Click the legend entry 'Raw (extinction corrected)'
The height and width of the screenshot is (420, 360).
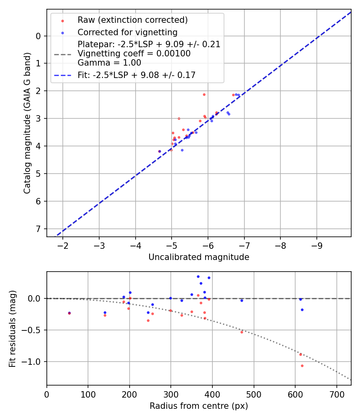pyautogui.click(x=132, y=20)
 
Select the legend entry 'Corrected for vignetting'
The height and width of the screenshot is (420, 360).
pyautogui.click(x=127, y=32)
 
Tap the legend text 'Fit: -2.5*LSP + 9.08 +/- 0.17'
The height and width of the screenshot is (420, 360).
pyautogui.click(x=136, y=75)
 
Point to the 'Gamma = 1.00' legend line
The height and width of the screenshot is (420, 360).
pyautogui.click(x=109, y=63)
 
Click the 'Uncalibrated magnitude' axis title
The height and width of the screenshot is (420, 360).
pyautogui.click(x=199, y=257)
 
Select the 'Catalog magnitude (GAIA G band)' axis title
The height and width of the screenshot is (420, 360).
pyautogui.click(x=27, y=123)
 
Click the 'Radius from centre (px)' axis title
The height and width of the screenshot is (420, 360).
pyautogui.click(x=199, y=406)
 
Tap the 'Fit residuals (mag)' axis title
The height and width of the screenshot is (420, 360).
pyautogui.click(x=12, y=328)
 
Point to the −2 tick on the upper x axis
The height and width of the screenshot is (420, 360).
pyautogui.click(x=63, y=245)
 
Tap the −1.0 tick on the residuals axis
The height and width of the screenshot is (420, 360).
pyautogui.click(x=34, y=362)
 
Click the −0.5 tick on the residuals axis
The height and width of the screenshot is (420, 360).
pyautogui.click(x=34, y=330)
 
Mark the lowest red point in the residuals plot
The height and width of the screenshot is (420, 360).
pyautogui.click(x=302, y=366)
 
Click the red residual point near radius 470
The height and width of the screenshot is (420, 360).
pyautogui.click(x=242, y=332)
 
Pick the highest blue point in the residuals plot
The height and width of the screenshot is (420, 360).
pyautogui.click(x=198, y=276)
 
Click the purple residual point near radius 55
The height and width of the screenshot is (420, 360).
pyautogui.click(x=69, y=313)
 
